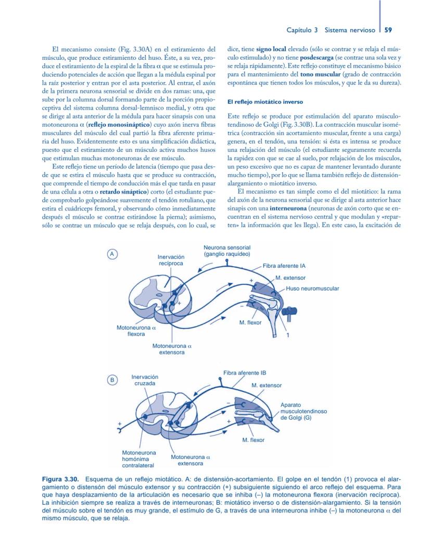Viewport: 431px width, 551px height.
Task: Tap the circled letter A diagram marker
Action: point(111,254)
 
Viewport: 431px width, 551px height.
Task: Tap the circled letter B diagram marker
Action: point(111,380)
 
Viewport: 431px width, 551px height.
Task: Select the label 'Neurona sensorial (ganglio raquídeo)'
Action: point(227,251)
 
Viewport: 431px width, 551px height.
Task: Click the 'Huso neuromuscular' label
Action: point(312,288)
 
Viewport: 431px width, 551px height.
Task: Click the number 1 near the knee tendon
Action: point(288,335)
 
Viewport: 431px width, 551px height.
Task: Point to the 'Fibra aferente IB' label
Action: point(245,373)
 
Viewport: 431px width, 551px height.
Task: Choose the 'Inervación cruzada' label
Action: point(145,380)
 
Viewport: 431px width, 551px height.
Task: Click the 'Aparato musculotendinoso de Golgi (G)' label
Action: point(303,411)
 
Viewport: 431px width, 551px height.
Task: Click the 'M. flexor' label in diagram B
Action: point(253,440)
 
